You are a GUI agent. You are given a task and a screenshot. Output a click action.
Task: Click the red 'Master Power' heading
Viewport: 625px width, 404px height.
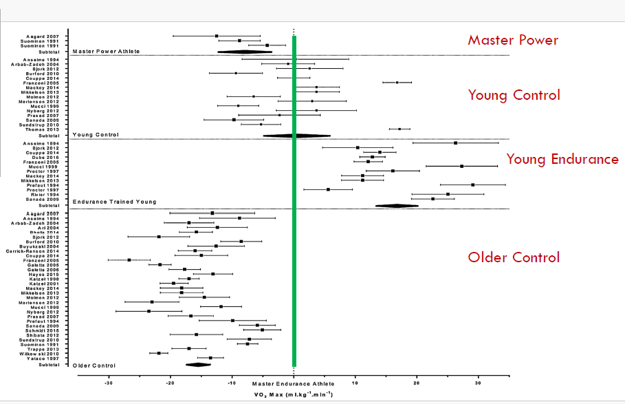(x=513, y=40)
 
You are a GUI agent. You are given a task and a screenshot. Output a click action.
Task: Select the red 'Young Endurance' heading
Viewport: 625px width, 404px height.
(x=562, y=160)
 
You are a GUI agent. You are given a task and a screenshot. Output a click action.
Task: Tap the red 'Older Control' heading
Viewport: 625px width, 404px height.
(x=514, y=257)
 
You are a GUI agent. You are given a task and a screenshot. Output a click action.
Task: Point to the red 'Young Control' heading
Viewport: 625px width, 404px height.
(x=514, y=95)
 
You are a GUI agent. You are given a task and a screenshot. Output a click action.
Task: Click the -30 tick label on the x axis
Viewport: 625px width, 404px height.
(x=109, y=383)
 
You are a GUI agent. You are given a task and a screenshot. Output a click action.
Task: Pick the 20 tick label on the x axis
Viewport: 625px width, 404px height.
(x=416, y=383)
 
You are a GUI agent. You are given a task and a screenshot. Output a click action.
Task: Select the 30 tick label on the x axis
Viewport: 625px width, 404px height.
(x=478, y=383)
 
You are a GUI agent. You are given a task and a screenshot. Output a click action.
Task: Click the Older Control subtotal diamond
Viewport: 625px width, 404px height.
(x=198, y=365)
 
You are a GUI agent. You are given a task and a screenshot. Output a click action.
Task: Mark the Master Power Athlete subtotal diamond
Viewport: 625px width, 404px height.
(x=244, y=52)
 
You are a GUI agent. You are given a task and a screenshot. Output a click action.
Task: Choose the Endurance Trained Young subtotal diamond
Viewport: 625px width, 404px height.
(x=397, y=205)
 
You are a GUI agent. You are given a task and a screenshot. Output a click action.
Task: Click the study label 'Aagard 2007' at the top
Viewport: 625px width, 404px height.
(x=43, y=36)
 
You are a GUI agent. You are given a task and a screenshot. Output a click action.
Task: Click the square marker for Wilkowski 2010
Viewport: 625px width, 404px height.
(x=159, y=353)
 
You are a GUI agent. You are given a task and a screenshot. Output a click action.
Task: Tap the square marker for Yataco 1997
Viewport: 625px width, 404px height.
(x=210, y=358)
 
